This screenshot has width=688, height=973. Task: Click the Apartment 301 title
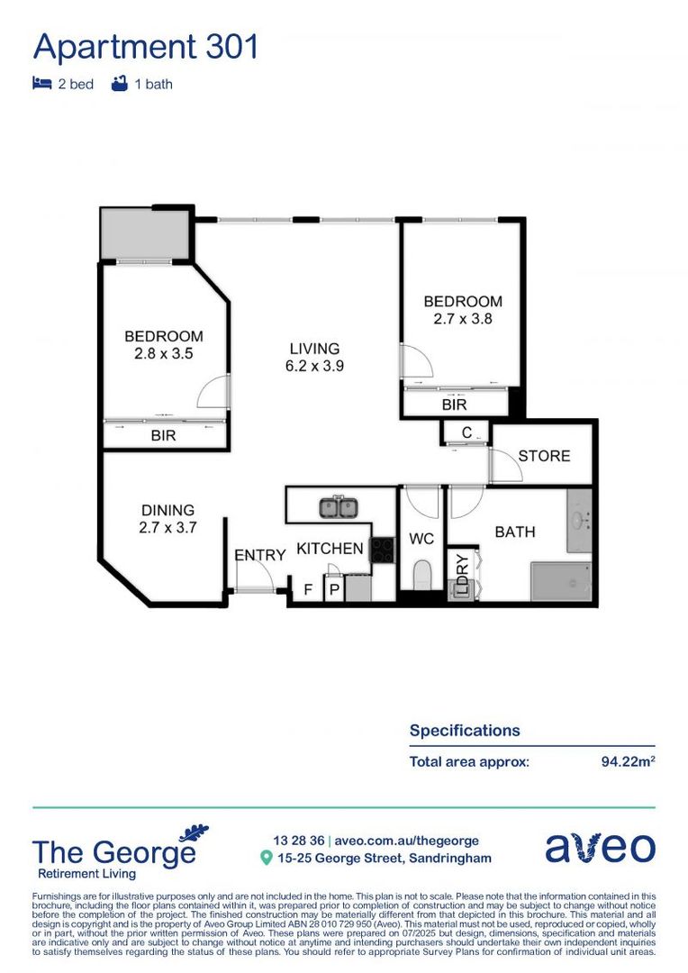pyautogui.click(x=145, y=46)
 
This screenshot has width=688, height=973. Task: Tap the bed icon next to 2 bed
pyautogui.click(x=41, y=84)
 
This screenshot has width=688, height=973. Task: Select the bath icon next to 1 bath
pyautogui.click(x=119, y=84)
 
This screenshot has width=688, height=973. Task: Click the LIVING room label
pyautogui.click(x=314, y=349)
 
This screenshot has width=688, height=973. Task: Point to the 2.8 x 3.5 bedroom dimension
pyautogui.click(x=164, y=354)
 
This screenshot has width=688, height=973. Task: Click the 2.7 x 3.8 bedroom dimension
pyautogui.click(x=463, y=318)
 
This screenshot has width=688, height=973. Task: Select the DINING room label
pyautogui.click(x=167, y=510)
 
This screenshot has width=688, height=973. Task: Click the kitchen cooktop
pyautogui.click(x=382, y=549)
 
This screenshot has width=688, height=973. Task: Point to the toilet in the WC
pyautogui.click(x=421, y=574)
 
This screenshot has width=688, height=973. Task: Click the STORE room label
pyautogui.click(x=544, y=456)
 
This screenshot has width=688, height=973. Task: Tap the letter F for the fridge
pyautogui.click(x=308, y=590)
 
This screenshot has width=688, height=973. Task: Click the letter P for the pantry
pyautogui.click(x=333, y=590)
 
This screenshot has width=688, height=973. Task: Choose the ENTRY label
pyautogui.click(x=259, y=556)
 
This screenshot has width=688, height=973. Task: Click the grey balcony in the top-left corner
pyautogui.click(x=144, y=234)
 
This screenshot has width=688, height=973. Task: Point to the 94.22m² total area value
pyautogui.click(x=628, y=761)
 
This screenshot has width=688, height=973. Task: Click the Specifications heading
pyautogui.click(x=465, y=731)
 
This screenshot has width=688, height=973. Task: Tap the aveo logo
pyautogui.click(x=600, y=848)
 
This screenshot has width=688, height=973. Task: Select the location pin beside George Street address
pyautogui.click(x=266, y=859)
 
